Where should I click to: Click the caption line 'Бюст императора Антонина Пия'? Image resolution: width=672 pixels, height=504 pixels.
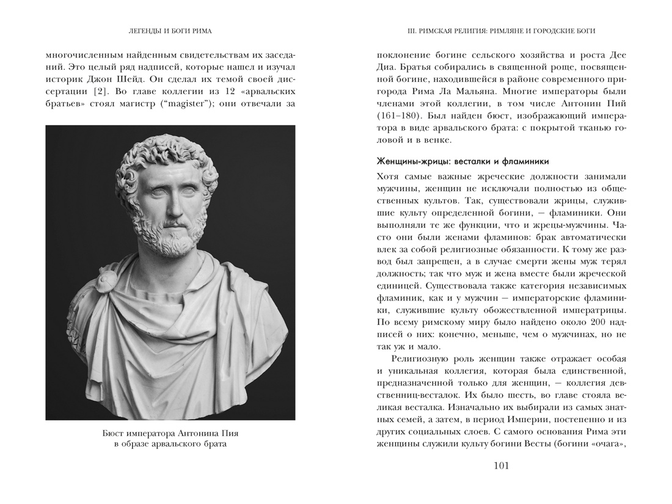[x=170, y=433]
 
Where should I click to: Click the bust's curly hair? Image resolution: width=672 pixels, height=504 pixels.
[x=165, y=156]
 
